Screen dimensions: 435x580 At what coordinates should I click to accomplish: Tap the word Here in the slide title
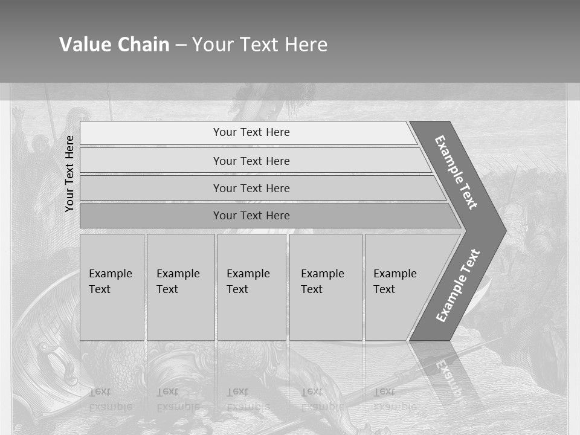click(306, 45)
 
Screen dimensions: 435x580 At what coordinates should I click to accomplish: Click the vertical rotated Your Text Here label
click(69, 173)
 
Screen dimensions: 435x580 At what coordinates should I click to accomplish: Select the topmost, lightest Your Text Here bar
click(251, 132)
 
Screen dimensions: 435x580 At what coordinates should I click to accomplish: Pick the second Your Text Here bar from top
click(251, 161)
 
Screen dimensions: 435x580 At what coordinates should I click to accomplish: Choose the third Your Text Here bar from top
click(251, 188)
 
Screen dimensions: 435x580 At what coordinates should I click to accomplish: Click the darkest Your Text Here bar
click(251, 216)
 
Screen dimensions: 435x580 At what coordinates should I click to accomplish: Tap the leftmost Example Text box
click(112, 287)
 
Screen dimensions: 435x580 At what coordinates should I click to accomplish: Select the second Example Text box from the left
click(181, 287)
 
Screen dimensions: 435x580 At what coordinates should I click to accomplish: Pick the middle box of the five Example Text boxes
click(251, 287)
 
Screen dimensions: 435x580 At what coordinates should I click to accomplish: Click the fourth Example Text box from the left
click(326, 287)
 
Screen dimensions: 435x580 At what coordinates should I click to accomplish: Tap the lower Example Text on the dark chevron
click(458, 285)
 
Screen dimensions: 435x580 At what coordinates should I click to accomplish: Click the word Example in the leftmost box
click(110, 274)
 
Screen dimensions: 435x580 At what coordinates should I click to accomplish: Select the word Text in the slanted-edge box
click(384, 289)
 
